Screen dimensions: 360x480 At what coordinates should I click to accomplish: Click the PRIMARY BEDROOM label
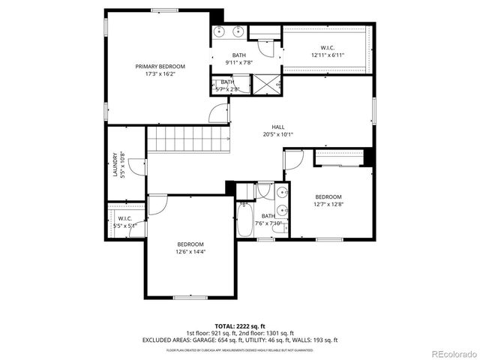[x=160, y=67]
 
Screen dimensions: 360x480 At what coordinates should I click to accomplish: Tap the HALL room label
[x=278, y=127]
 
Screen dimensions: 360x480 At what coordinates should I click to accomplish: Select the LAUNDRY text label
[x=115, y=166]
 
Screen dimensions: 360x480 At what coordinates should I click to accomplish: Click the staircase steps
[x=187, y=139]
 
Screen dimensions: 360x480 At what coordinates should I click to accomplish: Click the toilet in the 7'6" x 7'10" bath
[x=264, y=190]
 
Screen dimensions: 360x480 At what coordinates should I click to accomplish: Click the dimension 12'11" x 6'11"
[x=327, y=55]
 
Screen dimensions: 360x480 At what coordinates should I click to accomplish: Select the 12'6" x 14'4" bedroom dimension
[x=190, y=252]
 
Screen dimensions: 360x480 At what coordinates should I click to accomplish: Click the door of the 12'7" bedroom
[x=293, y=159]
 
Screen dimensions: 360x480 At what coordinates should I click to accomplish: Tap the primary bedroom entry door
[x=218, y=113]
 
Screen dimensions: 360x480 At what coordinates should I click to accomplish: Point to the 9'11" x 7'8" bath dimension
[x=238, y=63]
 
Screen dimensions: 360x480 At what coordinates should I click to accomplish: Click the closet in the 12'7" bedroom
[x=339, y=158]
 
